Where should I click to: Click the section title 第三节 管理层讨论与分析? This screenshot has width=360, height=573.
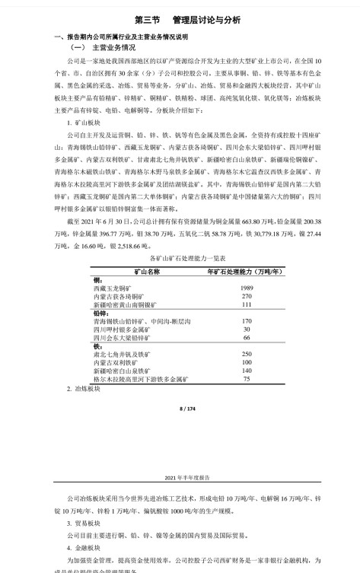point(180,20)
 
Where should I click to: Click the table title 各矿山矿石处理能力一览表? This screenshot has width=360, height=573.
point(180,259)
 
